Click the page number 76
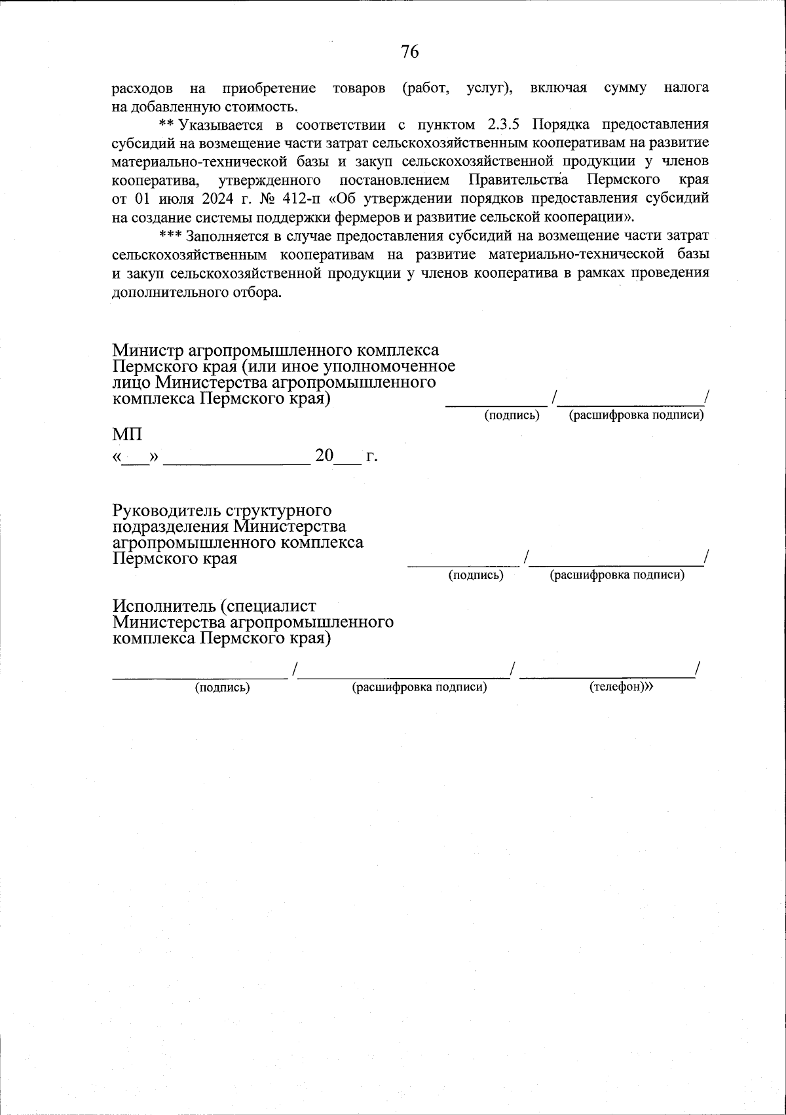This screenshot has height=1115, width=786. click(x=409, y=52)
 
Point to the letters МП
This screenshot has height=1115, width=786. click(x=126, y=434)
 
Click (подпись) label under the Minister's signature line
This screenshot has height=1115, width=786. click(x=512, y=415)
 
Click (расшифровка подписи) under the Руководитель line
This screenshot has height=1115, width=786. click(x=617, y=575)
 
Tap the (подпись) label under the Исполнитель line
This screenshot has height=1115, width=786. click(x=223, y=687)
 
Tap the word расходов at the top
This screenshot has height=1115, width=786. click(x=142, y=88)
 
